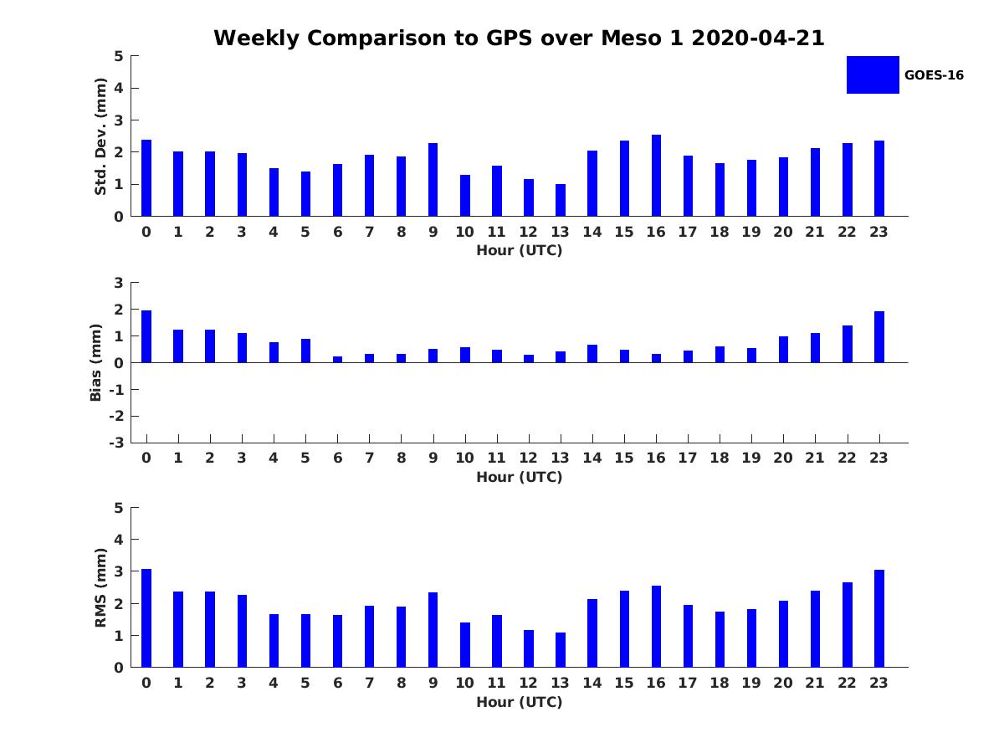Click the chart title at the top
[x=519, y=38]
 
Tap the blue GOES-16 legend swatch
[x=873, y=74]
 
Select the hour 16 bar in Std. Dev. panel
[x=656, y=176]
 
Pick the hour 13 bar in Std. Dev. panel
[x=561, y=200]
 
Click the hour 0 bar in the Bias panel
[x=146, y=336]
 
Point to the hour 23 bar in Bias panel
[x=879, y=337]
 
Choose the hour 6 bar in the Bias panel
[x=337, y=359]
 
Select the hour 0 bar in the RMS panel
[x=146, y=618]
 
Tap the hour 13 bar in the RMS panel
[x=561, y=650]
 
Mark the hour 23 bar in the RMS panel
[x=879, y=618]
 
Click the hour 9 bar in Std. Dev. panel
[x=433, y=180]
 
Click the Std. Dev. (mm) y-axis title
[x=100, y=136]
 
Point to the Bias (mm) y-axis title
[x=96, y=362]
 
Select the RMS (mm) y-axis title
[x=100, y=587]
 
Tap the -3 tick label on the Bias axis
[x=118, y=443]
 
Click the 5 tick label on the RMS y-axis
[x=119, y=508]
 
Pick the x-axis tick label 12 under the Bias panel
[x=528, y=458]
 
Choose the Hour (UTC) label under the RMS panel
[x=519, y=702]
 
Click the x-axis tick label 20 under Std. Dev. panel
[x=783, y=233]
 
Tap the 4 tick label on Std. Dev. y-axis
[x=119, y=88]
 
